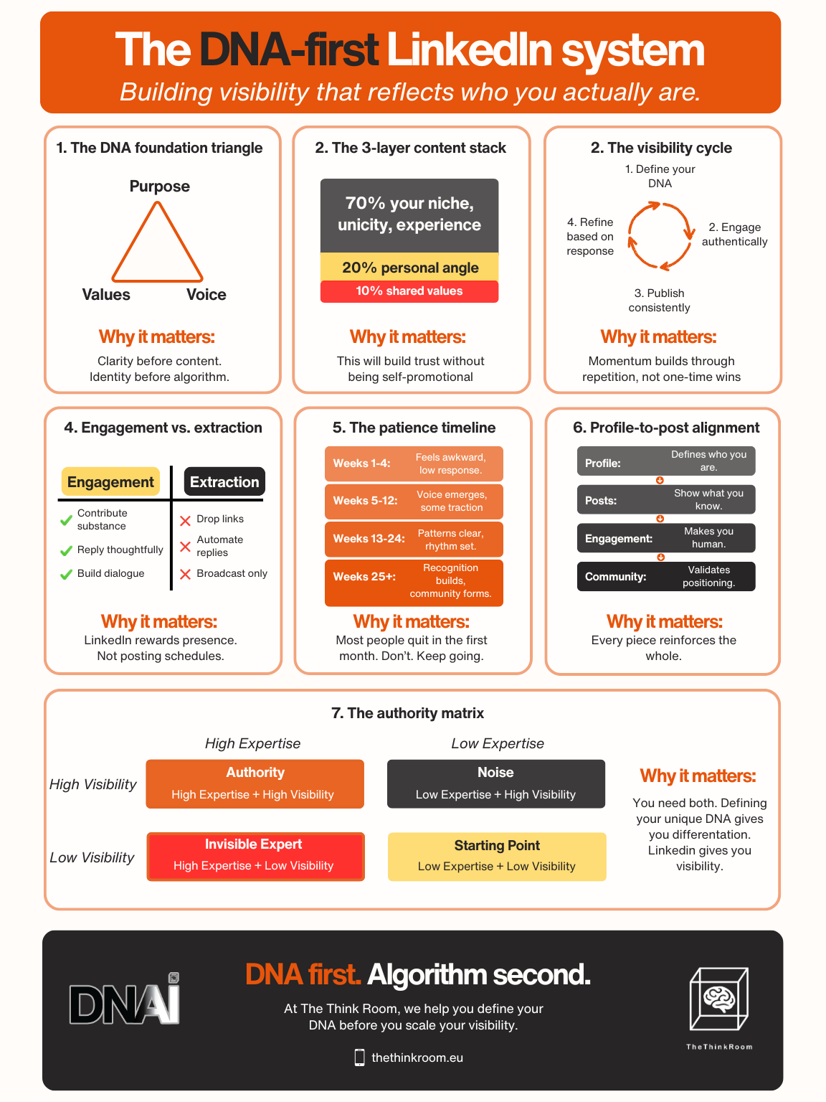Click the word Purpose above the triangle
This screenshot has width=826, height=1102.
[x=159, y=187]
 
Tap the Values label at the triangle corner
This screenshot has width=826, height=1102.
[x=106, y=294]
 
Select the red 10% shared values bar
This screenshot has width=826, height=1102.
[x=409, y=291]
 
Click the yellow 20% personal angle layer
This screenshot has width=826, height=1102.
[x=409, y=268]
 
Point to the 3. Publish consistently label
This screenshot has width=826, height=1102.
[x=660, y=300]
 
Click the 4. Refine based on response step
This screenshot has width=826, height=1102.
[x=590, y=237]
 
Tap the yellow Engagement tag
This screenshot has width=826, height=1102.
[x=110, y=482]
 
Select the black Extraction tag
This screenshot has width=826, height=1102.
[x=224, y=482]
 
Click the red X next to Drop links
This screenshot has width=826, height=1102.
[x=185, y=520]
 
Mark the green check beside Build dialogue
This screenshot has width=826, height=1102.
[x=66, y=574]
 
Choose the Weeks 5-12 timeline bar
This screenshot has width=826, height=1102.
[x=414, y=501]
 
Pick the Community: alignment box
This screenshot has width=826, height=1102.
[x=665, y=577]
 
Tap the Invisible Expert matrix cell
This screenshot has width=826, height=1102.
[x=255, y=856]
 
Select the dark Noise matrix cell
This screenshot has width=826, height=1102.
[x=495, y=783]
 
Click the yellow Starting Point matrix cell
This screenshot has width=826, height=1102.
[x=496, y=856]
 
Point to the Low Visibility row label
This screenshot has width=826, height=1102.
[x=92, y=857]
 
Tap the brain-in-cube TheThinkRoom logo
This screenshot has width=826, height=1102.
[x=718, y=1000]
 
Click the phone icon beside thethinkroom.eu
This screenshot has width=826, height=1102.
[x=359, y=1058]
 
